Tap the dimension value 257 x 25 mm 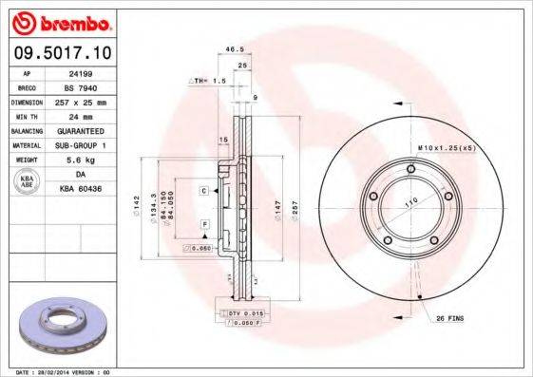click(x=94, y=100)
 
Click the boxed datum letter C click(x=203, y=191)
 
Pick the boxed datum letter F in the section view click(x=203, y=224)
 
